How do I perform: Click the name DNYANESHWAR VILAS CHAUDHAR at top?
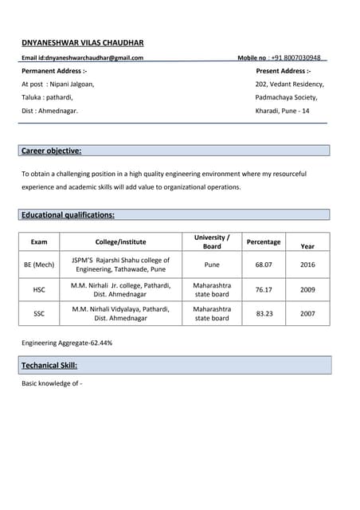(x=82, y=42)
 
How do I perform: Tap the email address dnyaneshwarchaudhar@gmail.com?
(x=94, y=58)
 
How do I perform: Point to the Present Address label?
(x=283, y=71)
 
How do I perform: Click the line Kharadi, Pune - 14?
(x=282, y=111)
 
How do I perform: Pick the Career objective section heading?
(x=52, y=151)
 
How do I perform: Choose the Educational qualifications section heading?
(x=68, y=214)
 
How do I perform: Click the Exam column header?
(x=39, y=241)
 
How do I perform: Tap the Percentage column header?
(x=264, y=241)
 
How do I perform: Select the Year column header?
(x=307, y=246)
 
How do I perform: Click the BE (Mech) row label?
(x=39, y=265)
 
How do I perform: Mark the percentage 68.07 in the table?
(x=264, y=265)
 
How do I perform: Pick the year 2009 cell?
(x=307, y=290)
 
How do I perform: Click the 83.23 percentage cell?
(x=264, y=313)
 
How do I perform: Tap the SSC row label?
(x=39, y=313)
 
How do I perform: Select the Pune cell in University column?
(x=212, y=265)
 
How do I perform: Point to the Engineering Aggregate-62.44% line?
(x=67, y=343)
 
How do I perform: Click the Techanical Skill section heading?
(x=49, y=365)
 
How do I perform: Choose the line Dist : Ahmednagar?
(x=49, y=111)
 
